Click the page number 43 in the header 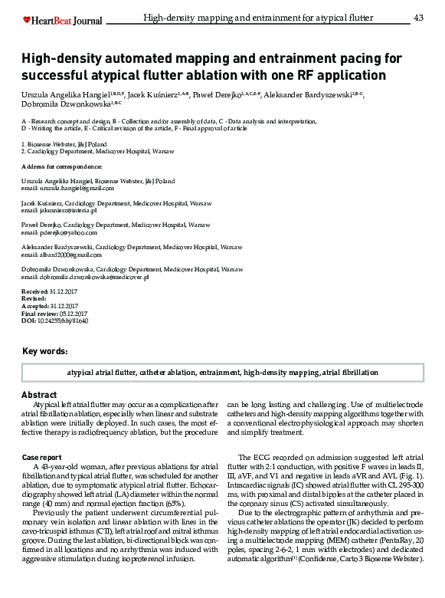(x=418, y=18)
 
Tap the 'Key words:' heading (x=45, y=351)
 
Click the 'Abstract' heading (x=38, y=395)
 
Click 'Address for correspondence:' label (x=61, y=166)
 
